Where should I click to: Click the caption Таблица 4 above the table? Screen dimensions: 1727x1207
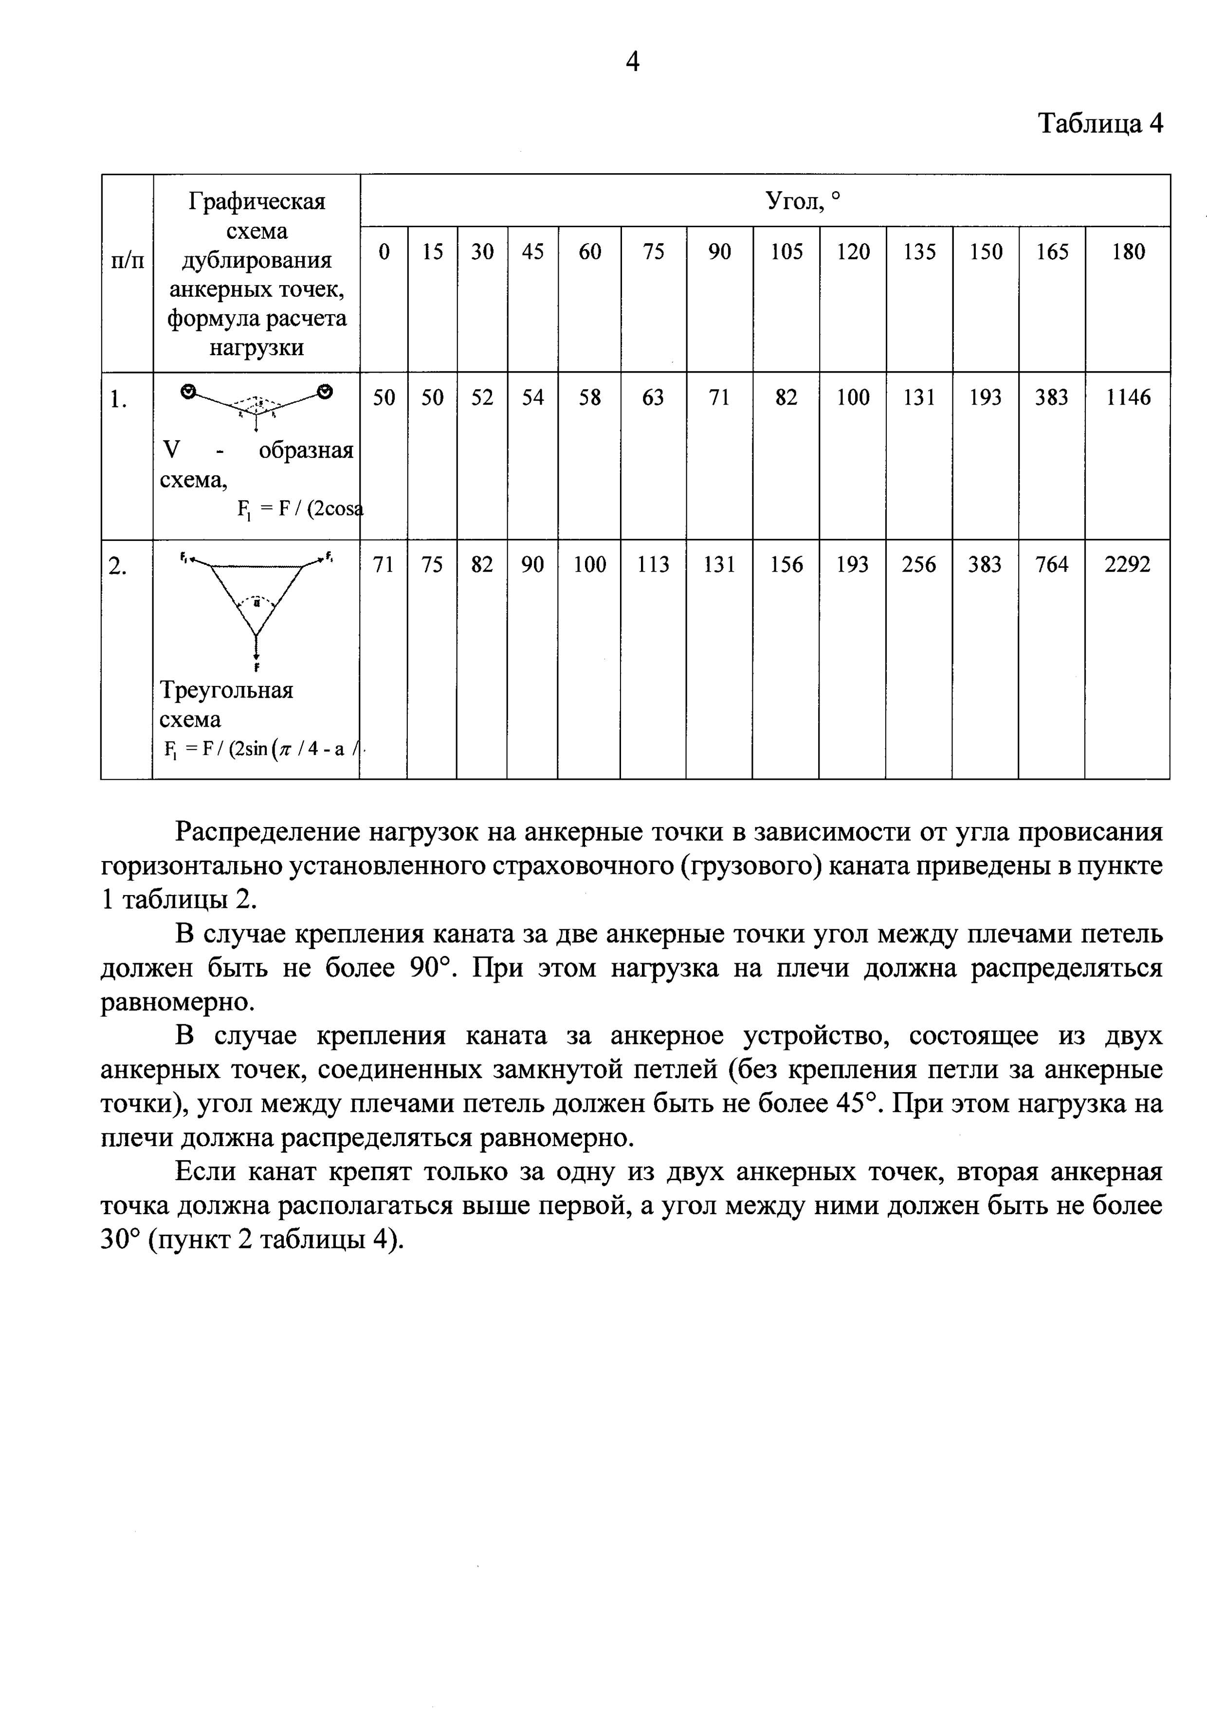[x=1100, y=123]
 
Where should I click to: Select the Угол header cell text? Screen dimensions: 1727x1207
[x=802, y=201]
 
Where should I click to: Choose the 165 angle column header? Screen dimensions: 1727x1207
[x=1051, y=252]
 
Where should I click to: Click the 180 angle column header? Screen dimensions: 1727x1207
[x=1127, y=252]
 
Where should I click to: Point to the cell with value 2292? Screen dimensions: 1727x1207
[x=1127, y=565]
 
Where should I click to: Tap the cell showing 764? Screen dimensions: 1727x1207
[x=1051, y=565]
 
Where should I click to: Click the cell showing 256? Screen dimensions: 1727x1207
[x=919, y=565]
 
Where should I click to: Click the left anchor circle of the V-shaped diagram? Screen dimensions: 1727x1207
[x=190, y=390]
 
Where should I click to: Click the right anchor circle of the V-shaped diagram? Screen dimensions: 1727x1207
[x=325, y=390]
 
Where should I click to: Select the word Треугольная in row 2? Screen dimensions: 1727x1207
[x=226, y=690]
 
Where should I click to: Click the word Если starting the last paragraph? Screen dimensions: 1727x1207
[x=205, y=1172]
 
